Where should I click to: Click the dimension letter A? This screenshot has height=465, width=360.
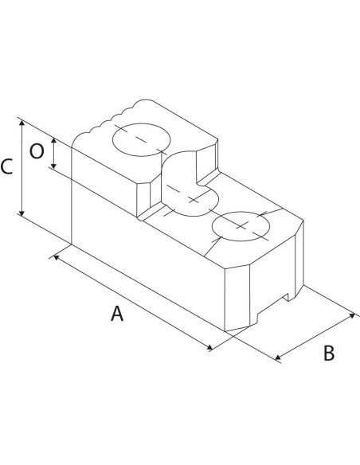pyautogui.click(x=117, y=314)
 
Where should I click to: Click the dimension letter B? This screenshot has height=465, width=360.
pyautogui.click(x=329, y=354)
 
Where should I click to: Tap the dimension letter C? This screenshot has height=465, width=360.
pyautogui.click(x=6, y=166)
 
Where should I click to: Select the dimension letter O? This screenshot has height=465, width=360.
pyautogui.click(x=37, y=151)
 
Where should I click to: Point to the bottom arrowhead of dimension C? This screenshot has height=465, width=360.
pyautogui.click(x=22, y=212)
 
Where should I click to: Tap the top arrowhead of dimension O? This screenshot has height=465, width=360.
pyautogui.click(x=53, y=141)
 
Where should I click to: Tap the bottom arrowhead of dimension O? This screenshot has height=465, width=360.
pyautogui.click(x=53, y=166)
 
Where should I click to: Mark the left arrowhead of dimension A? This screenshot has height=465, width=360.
pyautogui.click(x=56, y=257)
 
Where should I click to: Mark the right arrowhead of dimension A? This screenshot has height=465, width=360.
pyautogui.click(x=209, y=347)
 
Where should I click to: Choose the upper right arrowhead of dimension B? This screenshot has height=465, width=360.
pyautogui.click(x=352, y=315)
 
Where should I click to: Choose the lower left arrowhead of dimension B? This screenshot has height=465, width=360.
pyautogui.click(x=278, y=358)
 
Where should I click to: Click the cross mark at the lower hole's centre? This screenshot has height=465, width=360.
pyautogui.click(x=241, y=225)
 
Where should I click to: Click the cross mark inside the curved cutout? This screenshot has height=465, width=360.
pyautogui.click(x=194, y=200)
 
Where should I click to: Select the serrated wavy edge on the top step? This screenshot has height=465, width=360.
pyautogui.click(x=112, y=119)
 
